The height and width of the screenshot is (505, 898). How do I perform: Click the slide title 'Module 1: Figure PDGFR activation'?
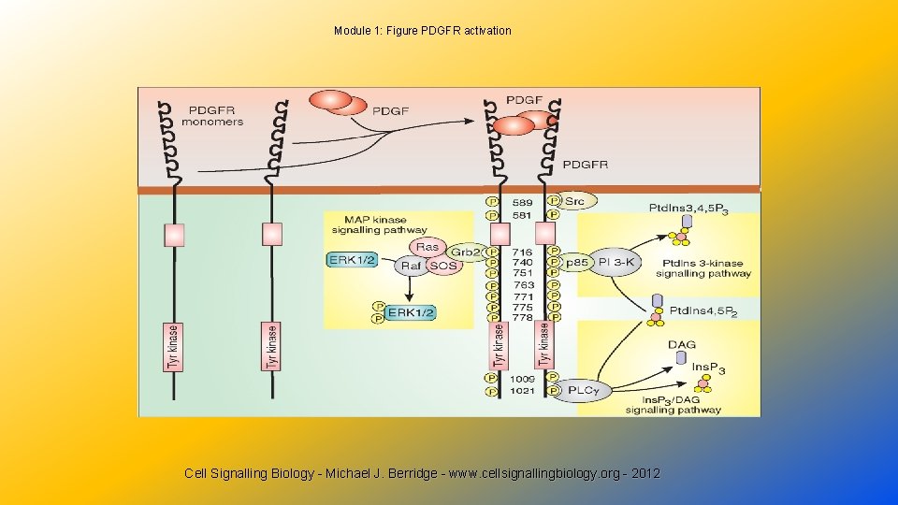click(x=423, y=31)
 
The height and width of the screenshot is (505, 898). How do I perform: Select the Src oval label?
click(x=574, y=201)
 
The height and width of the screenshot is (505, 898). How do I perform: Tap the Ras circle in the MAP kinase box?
click(x=427, y=247)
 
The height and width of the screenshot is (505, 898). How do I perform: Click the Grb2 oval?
click(x=464, y=252)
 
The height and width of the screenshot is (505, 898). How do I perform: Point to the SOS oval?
click(x=444, y=266)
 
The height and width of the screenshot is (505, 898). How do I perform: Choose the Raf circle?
click(x=411, y=266)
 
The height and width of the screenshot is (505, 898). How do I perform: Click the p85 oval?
click(x=578, y=264)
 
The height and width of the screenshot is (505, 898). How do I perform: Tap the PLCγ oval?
click(x=583, y=391)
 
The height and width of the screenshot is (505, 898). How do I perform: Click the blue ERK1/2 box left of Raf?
click(x=353, y=259)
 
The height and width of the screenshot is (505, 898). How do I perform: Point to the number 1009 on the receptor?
click(x=523, y=378)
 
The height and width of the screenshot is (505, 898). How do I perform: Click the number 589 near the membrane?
click(x=522, y=202)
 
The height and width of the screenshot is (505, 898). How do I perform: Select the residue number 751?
click(x=523, y=274)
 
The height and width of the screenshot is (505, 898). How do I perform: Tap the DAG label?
click(x=682, y=345)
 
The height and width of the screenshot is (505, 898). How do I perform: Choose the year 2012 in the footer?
click(x=645, y=473)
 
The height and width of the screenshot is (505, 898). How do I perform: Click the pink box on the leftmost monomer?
click(x=174, y=234)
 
